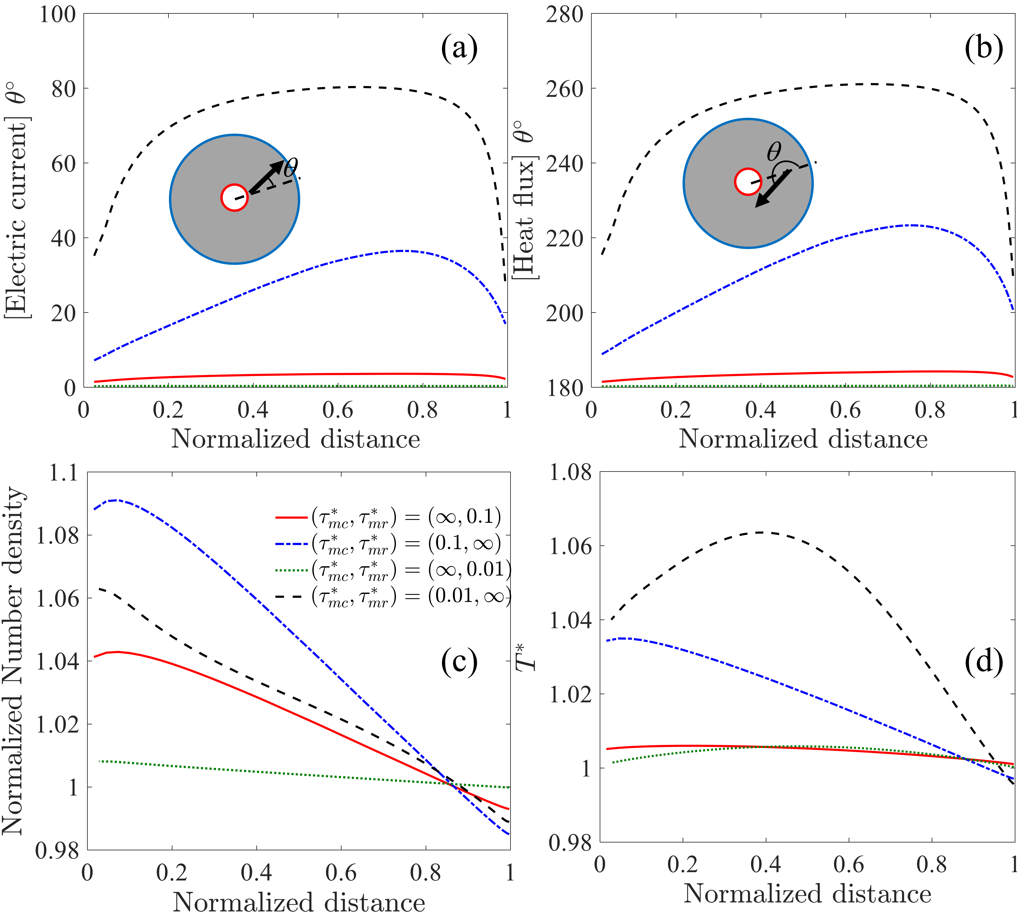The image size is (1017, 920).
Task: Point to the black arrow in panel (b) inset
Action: [772, 189]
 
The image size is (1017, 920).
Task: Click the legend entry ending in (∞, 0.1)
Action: [388, 517]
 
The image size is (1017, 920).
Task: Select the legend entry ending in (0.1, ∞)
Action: [388, 543]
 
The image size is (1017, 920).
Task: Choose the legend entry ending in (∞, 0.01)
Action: [394, 569]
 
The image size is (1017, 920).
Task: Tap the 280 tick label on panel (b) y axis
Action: [565, 15]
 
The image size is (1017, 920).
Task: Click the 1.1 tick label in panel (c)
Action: [64, 473]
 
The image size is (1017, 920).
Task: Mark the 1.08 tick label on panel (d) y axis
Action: [570, 473]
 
